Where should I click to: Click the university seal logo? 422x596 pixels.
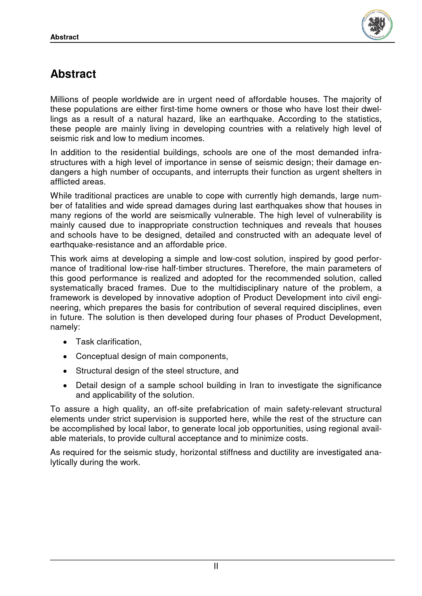(x=377, y=25)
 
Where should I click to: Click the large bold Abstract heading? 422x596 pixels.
(x=73, y=74)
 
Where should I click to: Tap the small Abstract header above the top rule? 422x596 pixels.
(x=65, y=37)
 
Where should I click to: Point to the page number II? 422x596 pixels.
(x=216, y=566)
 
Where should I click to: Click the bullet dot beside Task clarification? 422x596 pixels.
(x=65, y=342)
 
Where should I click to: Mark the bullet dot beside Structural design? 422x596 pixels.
(x=65, y=372)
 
